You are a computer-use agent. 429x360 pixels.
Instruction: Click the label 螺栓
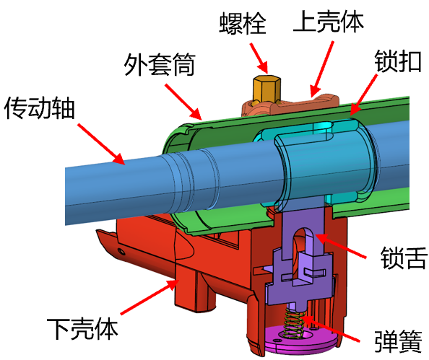243,22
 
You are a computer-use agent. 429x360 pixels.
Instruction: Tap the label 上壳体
329,22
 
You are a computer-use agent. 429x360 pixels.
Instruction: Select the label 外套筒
160,64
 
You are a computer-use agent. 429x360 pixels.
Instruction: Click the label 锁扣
397,61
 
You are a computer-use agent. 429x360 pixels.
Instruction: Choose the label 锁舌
404,258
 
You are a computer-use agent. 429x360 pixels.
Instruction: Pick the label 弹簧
398,341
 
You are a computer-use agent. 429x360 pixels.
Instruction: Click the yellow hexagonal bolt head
266,89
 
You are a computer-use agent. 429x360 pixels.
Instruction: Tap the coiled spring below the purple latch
293,322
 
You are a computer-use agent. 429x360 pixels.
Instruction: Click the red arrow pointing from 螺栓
259,58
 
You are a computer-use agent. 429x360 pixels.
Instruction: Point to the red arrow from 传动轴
101,144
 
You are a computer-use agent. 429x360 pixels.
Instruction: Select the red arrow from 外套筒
183,102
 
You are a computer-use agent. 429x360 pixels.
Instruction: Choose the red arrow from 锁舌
341,246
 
